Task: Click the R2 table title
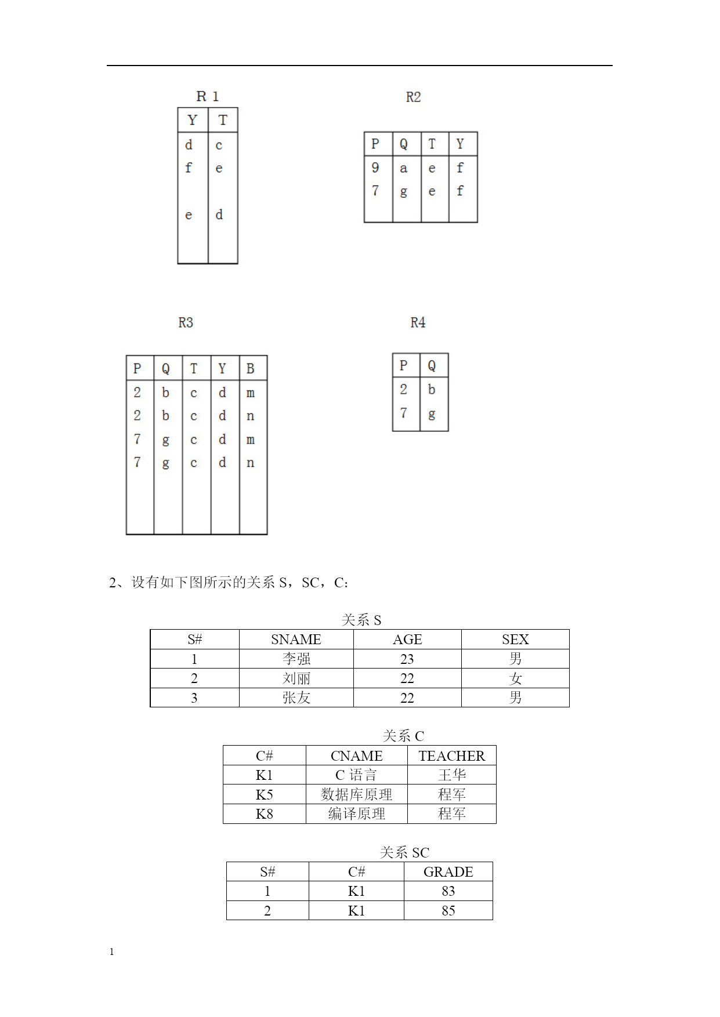click(x=413, y=97)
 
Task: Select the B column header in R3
click(x=251, y=368)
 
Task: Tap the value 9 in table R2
click(x=375, y=168)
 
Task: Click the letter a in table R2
click(x=404, y=168)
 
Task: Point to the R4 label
click(x=418, y=322)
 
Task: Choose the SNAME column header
click(x=296, y=639)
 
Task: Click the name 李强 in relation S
click(x=296, y=659)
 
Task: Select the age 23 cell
click(x=407, y=659)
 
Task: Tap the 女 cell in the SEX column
click(x=515, y=678)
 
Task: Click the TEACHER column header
click(x=452, y=756)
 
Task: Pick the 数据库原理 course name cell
click(x=357, y=794)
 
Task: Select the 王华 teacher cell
click(x=452, y=775)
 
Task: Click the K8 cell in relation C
click(x=265, y=813)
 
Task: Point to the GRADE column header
click(x=448, y=871)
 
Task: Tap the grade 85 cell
click(x=448, y=910)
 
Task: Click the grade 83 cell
click(x=448, y=891)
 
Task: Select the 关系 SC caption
click(x=404, y=852)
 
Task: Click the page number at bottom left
click(x=111, y=951)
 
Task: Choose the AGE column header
click(x=407, y=639)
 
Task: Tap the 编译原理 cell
click(x=357, y=813)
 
